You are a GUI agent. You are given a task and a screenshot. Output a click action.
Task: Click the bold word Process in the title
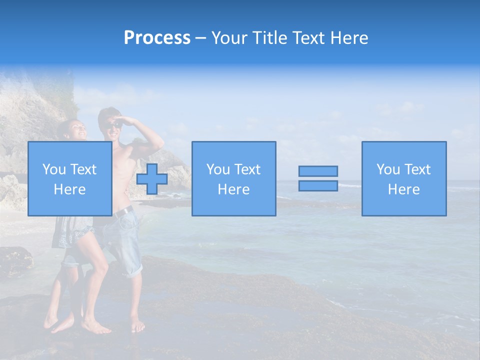pyautogui.click(x=157, y=38)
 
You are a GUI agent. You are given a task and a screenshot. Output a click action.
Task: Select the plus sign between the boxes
pyautogui.click(x=152, y=179)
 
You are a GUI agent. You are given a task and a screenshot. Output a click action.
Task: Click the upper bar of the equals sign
pyautogui.click(x=318, y=171)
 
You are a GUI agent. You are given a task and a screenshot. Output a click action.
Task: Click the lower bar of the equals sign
pyautogui.click(x=318, y=185)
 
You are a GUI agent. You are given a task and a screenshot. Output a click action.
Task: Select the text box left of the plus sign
pyautogui.click(x=69, y=178)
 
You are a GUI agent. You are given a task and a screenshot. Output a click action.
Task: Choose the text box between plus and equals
pyautogui.click(x=233, y=178)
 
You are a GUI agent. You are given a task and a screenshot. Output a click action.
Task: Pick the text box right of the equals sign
pyautogui.click(x=404, y=178)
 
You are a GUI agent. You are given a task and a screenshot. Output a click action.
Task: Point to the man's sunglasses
pyautogui.click(x=114, y=124)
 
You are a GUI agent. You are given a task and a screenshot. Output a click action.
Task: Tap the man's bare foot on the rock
pyautogui.click(x=137, y=325)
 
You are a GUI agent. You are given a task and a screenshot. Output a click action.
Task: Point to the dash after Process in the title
pyautogui.click(x=201, y=38)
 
